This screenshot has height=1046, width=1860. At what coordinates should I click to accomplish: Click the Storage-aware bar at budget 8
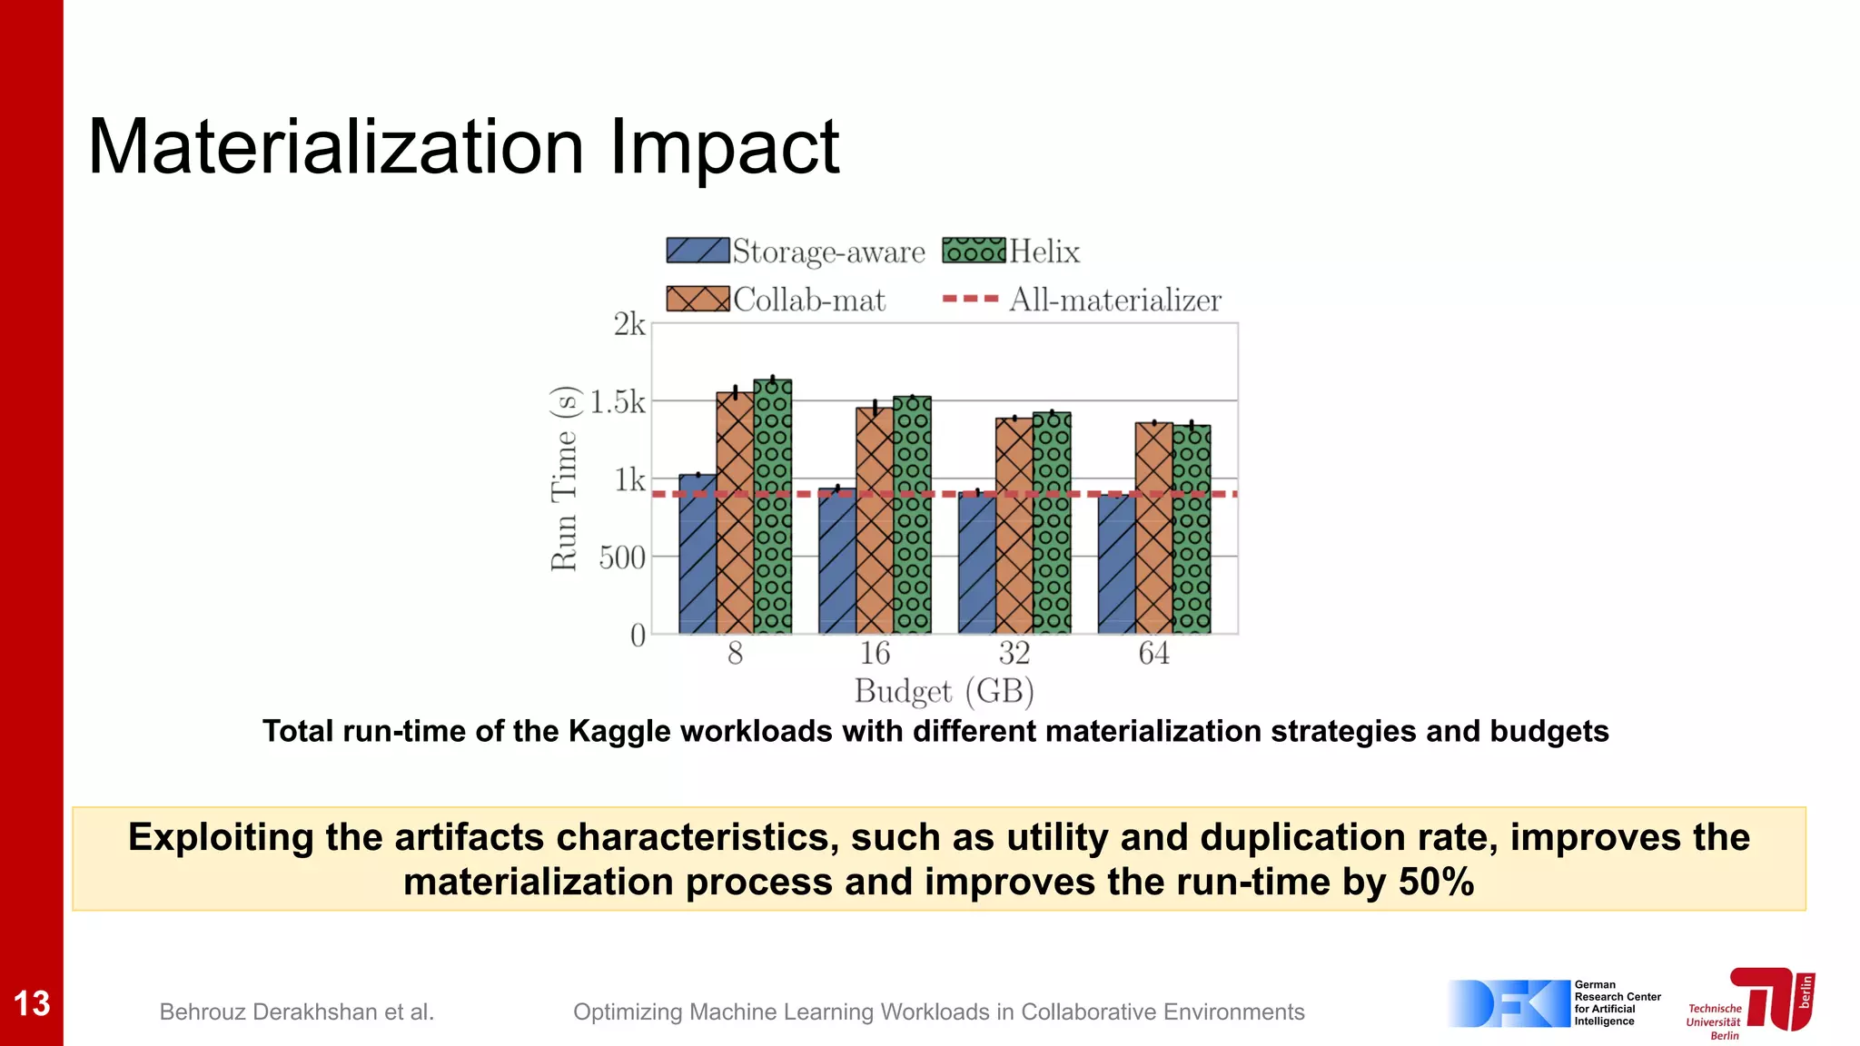(697, 554)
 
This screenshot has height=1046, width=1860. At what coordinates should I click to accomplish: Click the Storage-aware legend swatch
(697, 251)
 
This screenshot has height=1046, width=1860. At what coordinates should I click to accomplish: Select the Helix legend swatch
(974, 251)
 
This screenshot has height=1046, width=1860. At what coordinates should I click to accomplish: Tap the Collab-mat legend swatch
(697, 299)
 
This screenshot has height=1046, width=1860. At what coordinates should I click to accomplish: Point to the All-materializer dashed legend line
(970, 299)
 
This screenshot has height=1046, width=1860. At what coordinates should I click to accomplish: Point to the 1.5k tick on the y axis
(618, 401)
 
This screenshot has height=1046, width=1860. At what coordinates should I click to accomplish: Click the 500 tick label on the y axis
(622, 557)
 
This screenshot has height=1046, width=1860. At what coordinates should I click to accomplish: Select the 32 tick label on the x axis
(1014, 653)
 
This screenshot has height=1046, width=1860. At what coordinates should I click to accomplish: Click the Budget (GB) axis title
(944, 692)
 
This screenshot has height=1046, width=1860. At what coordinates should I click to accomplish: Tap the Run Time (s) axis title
(564, 479)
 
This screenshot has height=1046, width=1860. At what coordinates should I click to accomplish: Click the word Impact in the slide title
(724, 147)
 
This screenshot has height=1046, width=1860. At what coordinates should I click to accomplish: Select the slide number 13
(32, 1003)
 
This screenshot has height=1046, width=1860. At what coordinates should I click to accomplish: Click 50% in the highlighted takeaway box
(1436, 882)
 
